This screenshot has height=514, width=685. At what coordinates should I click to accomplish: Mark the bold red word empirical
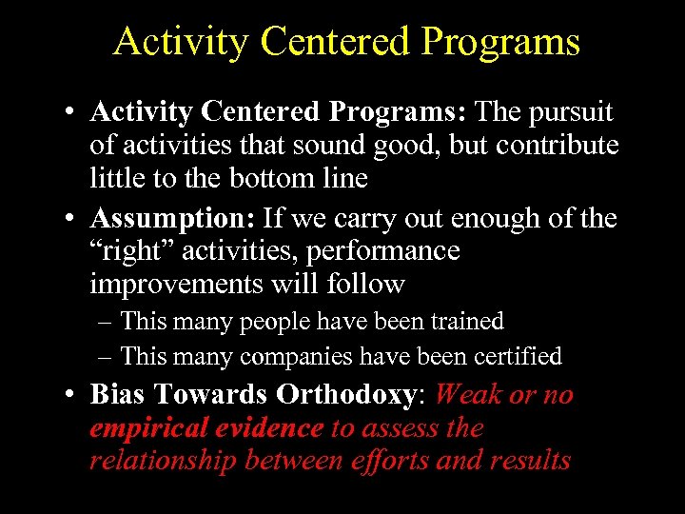(x=148, y=428)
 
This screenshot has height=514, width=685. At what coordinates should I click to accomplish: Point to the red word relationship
(x=164, y=461)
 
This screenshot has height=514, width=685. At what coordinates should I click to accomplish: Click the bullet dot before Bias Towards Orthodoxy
(x=72, y=395)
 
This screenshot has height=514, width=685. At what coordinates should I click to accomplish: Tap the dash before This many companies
(x=105, y=357)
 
